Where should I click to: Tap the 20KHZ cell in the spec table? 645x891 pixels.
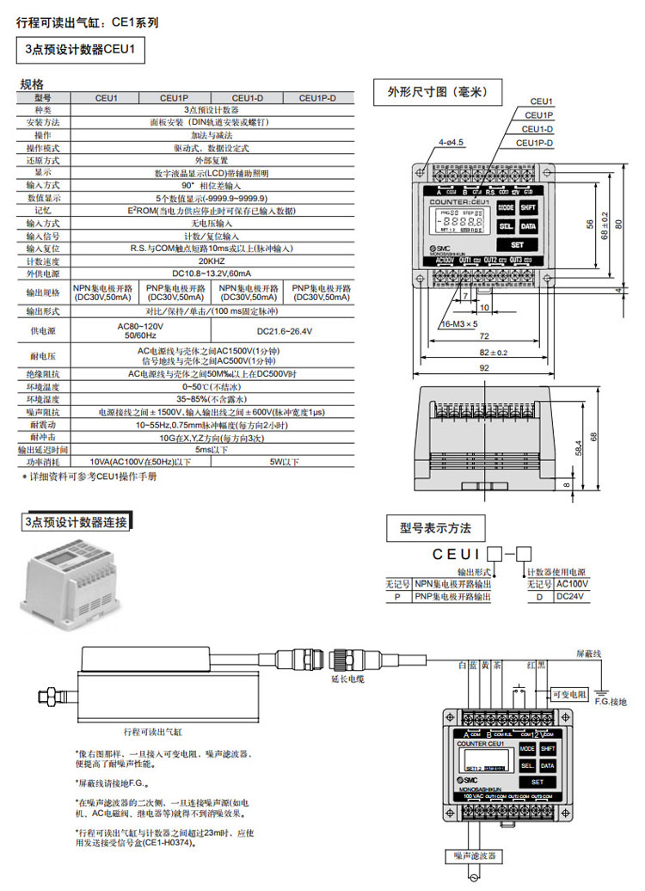(x=212, y=261)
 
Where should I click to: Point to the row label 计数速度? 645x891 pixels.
(x=43, y=261)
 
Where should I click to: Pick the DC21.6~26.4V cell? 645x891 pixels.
(x=286, y=330)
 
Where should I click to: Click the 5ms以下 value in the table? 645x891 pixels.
(x=212, y=449)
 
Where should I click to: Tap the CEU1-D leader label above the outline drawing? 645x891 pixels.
(x=539, y=129)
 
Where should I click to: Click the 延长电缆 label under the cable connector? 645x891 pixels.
(x=347, y=679)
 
